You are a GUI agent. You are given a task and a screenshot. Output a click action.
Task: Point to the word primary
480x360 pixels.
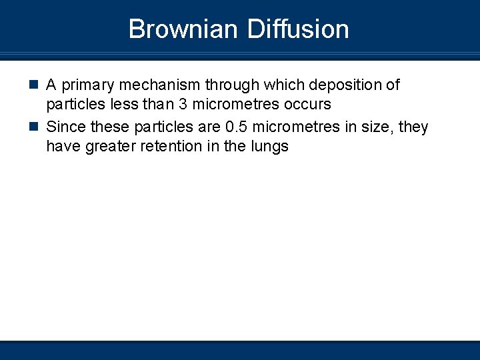point(89,85)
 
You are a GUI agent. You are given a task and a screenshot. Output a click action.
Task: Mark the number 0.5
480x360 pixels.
point(235,127)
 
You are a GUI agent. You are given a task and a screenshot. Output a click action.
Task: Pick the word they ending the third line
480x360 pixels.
point(413,127)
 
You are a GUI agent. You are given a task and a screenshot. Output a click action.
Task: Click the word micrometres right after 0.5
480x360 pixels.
point(295,127)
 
